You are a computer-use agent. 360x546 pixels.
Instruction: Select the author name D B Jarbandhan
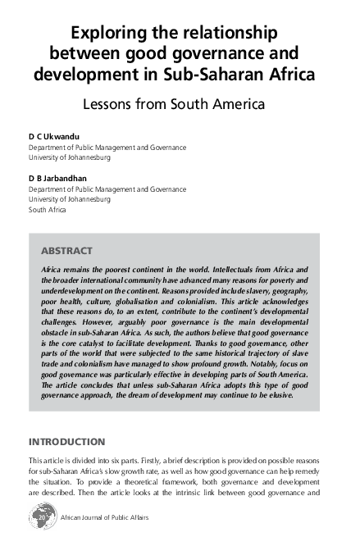tap(57, 177)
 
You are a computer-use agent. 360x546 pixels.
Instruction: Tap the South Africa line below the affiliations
tap(48, 209)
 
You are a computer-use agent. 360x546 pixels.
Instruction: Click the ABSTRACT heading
tap(66, 250)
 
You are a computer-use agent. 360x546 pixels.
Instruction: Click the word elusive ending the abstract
tap(277, 395)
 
